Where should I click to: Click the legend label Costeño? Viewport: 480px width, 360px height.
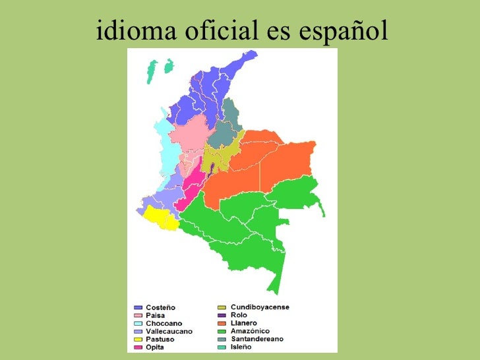click(x=161, y=308)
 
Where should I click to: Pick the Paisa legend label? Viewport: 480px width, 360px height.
click(x=156, y=316)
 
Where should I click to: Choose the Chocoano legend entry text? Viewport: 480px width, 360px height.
click(x=164, y=324)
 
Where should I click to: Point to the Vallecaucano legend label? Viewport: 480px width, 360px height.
click(x=169, y=332)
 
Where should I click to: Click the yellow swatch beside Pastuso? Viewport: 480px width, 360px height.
click(x=138, y=340)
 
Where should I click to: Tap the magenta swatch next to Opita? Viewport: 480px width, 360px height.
click(x=138, y=347)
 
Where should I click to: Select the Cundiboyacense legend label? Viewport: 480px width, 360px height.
click(x=260, y=307)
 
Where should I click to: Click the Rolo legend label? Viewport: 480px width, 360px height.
click(x=239, y=315)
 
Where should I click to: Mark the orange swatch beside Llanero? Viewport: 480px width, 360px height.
click(x=222, y=323)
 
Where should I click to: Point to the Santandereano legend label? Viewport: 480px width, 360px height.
click(x=257, y=339)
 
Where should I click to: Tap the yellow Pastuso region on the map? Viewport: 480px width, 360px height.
click(x=160, y=216)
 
